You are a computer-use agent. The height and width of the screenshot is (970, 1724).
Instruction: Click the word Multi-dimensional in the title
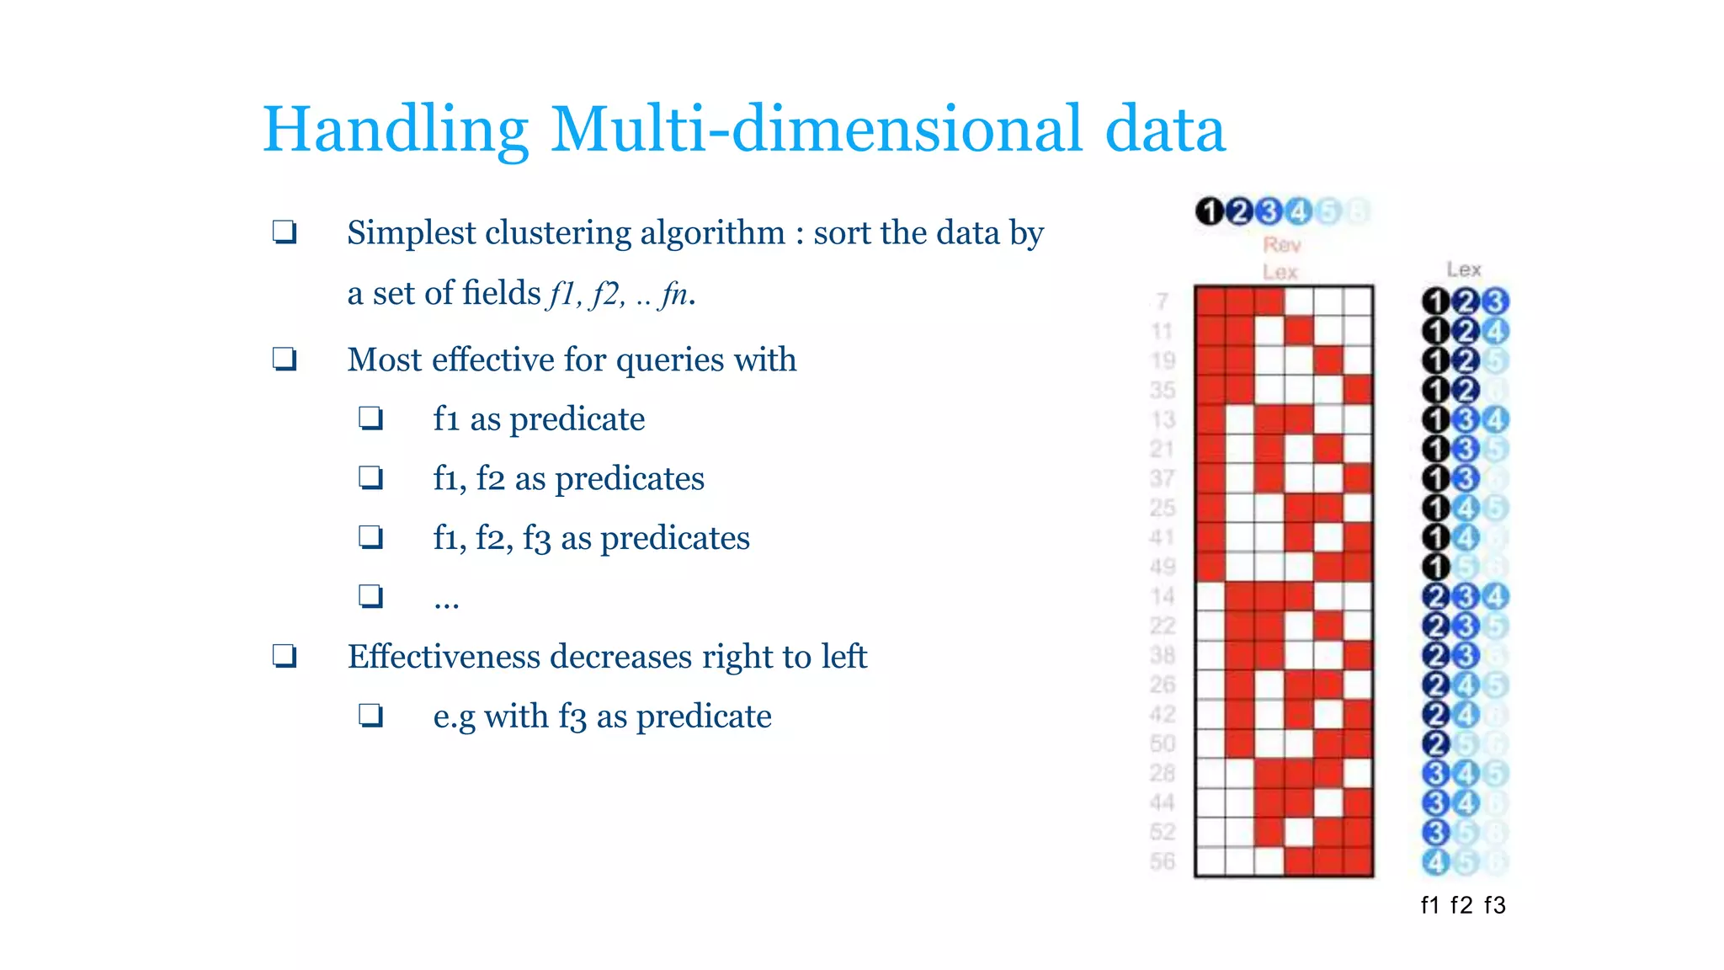click(816, 130)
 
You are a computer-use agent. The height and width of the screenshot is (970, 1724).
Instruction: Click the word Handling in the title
click(396, 130)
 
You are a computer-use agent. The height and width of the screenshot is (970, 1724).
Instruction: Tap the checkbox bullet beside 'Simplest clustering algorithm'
click(285, 232)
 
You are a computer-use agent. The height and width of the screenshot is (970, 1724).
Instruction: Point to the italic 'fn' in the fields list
click(674, 294)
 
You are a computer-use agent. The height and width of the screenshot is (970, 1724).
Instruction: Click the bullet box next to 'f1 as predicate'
click(370, 418)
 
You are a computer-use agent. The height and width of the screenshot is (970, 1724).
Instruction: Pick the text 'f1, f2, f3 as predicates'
click(591, 538)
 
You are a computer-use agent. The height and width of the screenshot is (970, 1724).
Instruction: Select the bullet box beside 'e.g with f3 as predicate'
click(370, 716)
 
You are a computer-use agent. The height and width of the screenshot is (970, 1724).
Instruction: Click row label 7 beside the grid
click(1163, 301)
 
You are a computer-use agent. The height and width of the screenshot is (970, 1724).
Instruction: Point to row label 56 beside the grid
click(1163, 861)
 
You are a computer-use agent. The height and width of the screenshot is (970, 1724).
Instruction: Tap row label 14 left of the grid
click(1163, 596)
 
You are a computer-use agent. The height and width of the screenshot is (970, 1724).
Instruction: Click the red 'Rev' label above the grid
click(1281, 245)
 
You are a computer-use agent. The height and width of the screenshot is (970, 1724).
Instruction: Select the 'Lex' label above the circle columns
click(1464, 269)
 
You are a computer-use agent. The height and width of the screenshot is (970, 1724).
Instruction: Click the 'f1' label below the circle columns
click(1430, 905)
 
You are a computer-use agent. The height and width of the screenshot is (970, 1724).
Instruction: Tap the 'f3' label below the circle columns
click(1494, 905)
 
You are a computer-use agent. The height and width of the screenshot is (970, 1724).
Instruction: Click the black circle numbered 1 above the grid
click(1210, 211)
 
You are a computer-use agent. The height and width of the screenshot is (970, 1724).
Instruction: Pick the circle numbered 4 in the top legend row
click(1298, 211)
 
